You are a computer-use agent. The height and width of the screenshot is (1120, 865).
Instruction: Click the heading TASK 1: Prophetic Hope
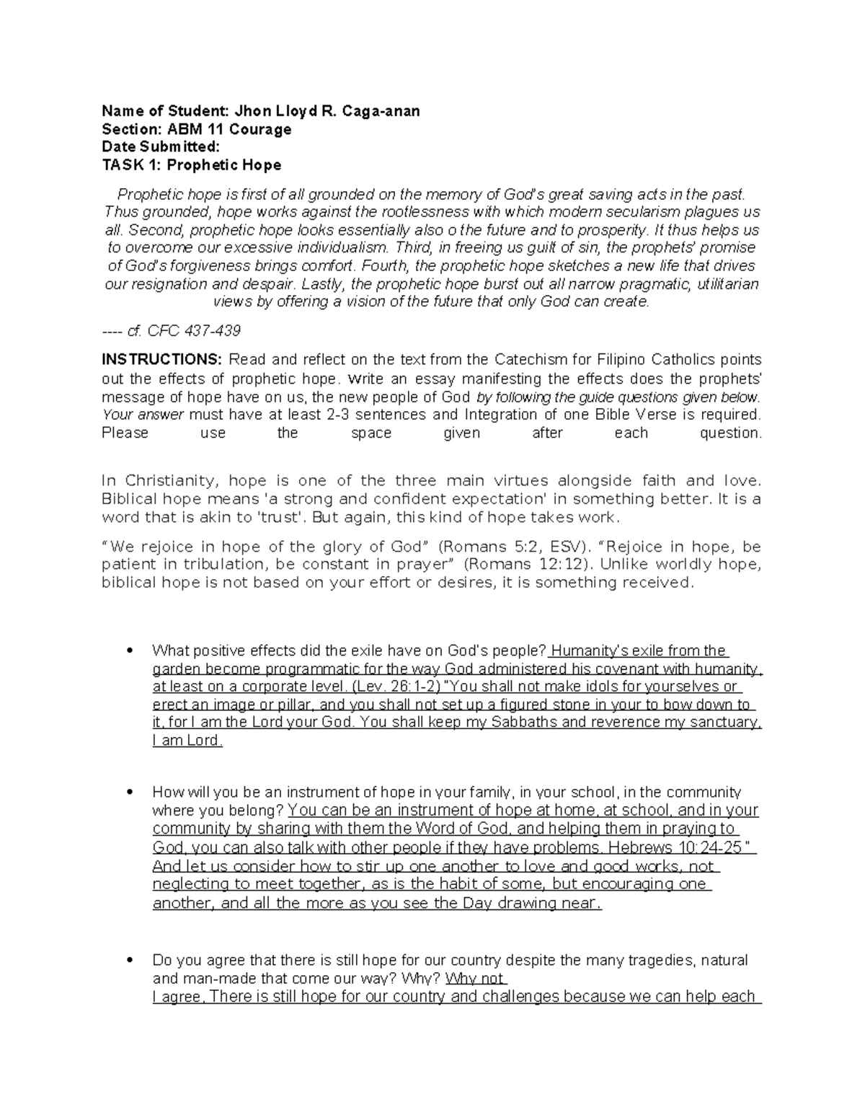point(191,165)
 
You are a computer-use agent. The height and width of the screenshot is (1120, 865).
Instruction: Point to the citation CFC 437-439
point(193,331)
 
